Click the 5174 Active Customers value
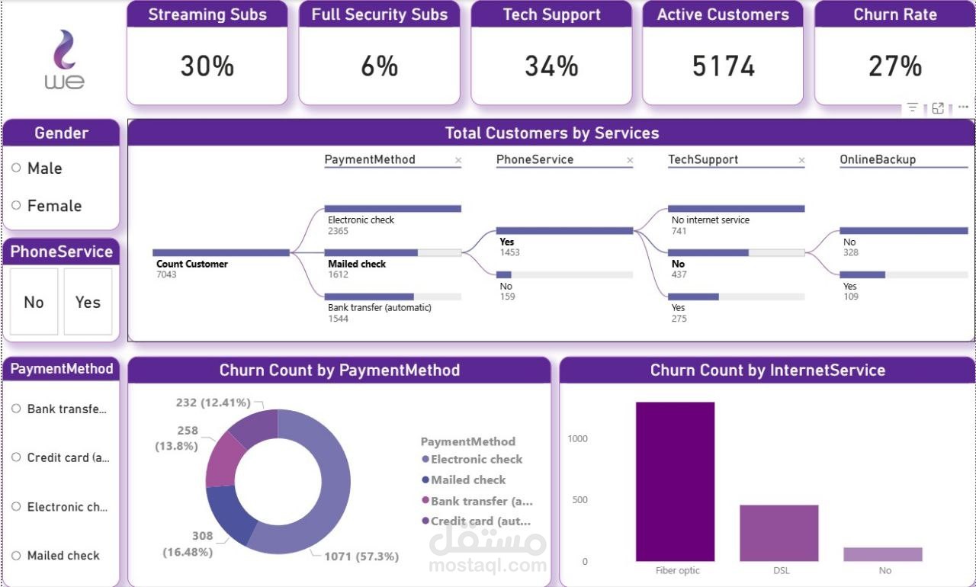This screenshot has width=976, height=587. pos(723,66)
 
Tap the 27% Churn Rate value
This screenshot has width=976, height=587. pos(894,66)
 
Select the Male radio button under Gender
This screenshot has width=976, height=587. pos(17,168)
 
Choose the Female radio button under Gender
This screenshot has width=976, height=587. pos(17,205)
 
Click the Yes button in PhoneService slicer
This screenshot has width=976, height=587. pos(88,302)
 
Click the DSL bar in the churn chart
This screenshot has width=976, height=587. pos(779,533)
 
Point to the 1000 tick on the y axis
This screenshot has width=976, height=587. pos(577,438)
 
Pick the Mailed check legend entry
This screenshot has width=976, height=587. pos(467,480)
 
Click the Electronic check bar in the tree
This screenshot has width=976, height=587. pos(393,208)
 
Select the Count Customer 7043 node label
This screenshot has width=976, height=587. pos(192,264)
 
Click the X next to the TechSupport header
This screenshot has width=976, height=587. pos(801,160)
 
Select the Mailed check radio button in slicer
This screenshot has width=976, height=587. pos(17,556)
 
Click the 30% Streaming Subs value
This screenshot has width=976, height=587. pos(207,66)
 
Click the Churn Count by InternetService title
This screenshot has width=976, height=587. pos(767,370)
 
